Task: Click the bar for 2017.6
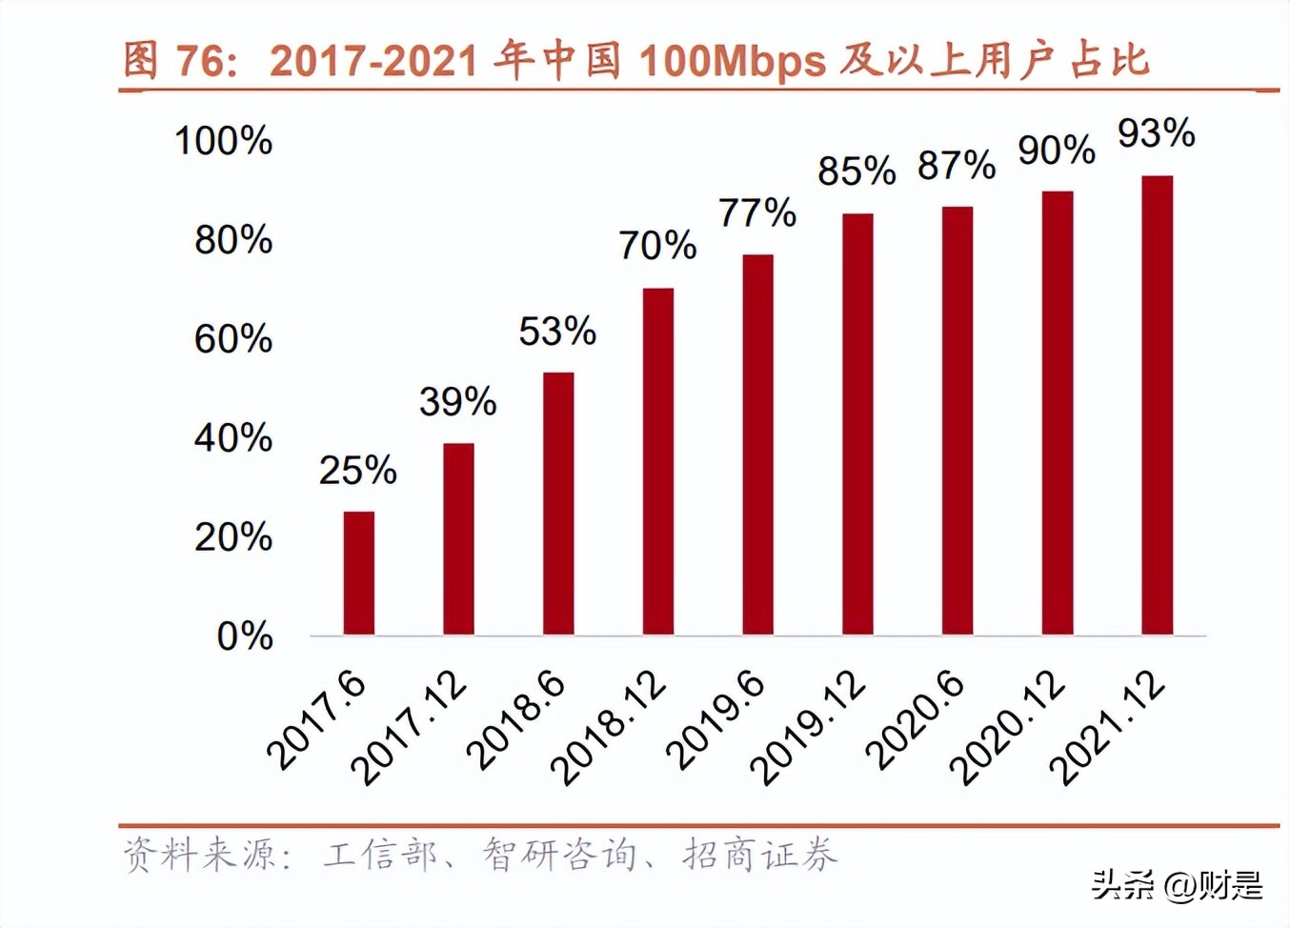coord(358,573)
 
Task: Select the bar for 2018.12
coord(657,461)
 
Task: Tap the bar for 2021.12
coord(1157,405)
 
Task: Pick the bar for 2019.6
coord(757,444)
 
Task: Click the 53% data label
coord(557,332)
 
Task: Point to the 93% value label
coord(1156,133)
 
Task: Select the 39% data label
coord(457,402)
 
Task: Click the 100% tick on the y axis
coord(223,141)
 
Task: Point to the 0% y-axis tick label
coord(244,636)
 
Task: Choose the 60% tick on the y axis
coord(232,339)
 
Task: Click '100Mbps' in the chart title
coord(732,62)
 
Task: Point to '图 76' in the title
coord(177,62)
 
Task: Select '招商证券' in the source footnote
coord(759,855)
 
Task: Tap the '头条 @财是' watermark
coord(1178,885)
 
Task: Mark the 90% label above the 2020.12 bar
coord(1056,151)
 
